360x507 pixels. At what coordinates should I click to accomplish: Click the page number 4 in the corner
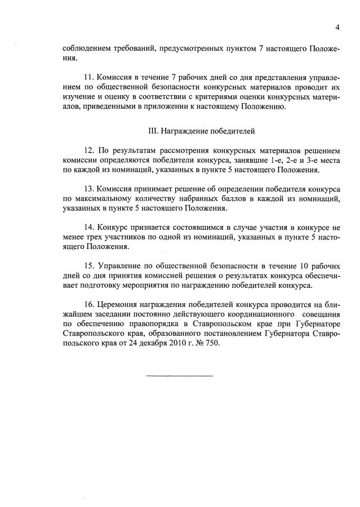[x=337, y=27]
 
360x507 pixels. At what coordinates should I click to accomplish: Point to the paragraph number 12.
[x=88, y=150]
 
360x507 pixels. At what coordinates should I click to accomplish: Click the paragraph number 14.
[x=88, y=227]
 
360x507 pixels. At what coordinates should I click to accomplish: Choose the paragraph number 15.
[x=88, y=265]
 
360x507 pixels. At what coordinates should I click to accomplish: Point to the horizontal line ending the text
[x=180, y=375]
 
